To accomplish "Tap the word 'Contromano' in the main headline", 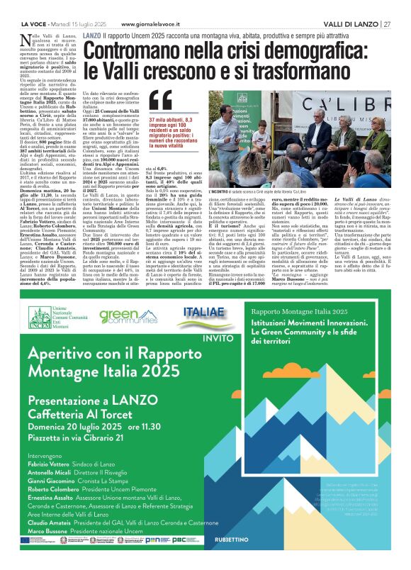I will coord(138,50).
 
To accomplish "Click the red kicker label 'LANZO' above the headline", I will coord(91,35).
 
